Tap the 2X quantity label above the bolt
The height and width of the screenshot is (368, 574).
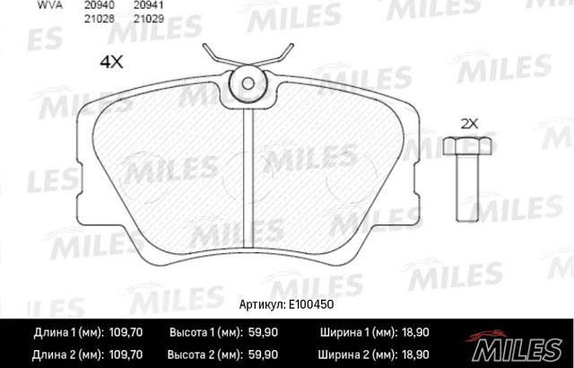click(470, 122)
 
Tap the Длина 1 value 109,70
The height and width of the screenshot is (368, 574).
click(126, 332)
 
